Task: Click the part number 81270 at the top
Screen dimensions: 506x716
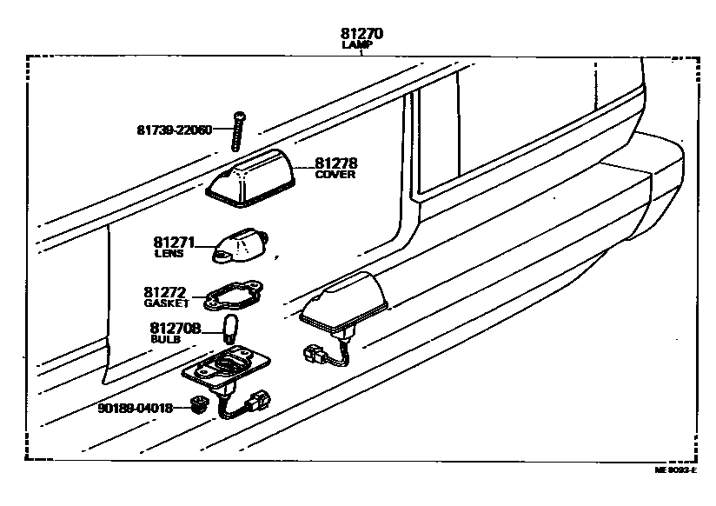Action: pos(361,34)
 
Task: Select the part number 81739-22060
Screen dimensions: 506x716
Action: pos(174,130)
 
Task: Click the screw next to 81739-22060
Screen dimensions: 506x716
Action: pos(236,130)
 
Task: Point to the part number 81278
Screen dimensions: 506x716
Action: pos(335,163)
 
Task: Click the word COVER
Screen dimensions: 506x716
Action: pos(335,174)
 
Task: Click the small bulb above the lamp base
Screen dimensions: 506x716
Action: pos(231,330)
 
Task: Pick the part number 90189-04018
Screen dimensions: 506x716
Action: pos(136,406)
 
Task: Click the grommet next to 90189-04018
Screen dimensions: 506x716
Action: pos(198,404)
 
